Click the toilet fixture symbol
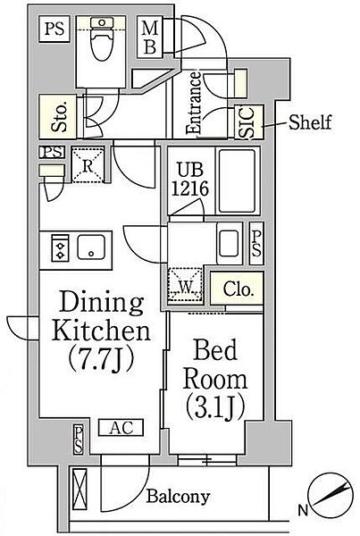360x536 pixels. pyautogui.click(x=102, y=38)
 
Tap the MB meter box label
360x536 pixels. pyautogui.click(x=149, y=38)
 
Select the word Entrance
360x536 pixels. pyautogui.click(x=195, y=103)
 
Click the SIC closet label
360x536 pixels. pyautogui.click(x=248, y=122)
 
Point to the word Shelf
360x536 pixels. pyautogui.click(x=310, y=122)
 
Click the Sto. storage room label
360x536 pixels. pyautogui.click(x=60, y=117)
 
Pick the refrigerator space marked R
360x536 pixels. pyautogui.click(x=88, y=165)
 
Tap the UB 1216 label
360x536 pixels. pyautogui.click(x=189, y=180)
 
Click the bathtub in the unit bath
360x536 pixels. pyautogui.click(x=238, y=180)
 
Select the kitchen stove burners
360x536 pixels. pyautogui.click(x=61, y=247)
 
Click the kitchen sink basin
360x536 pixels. pyautogui.click(x=91, y=247)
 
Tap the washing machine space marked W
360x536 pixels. pyautogui.click(x=185, y=285)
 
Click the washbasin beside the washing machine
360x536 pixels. pyautogui.click(x=229, y=243)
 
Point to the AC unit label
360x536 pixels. pyautogui.click(x=121, y=427)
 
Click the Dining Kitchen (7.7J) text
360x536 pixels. pyautogui.click(x=101, y=331)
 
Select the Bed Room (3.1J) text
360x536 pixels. pyautogui.click(x=215, y=379)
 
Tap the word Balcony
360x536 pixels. pyautogui.click(x=178, y=497)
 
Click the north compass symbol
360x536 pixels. pyautogui.click(x=331, y=496)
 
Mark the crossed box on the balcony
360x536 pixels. pyautogui.click(x=80, y=490)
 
